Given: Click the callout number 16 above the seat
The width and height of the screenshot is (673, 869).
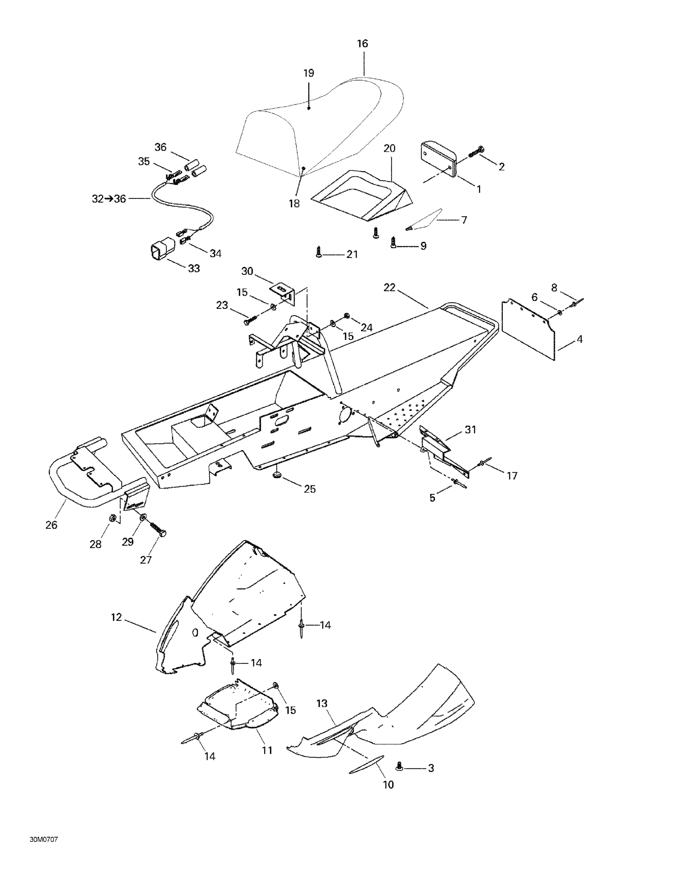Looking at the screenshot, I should point(362,43).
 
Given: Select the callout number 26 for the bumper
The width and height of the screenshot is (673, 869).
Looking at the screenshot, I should point(51,525).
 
